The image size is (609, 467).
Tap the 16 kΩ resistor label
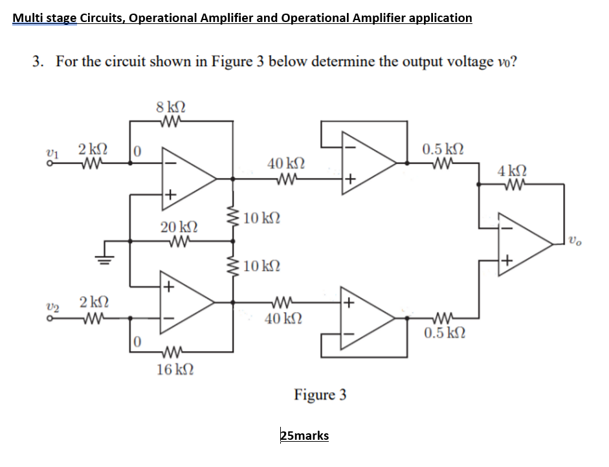pyautogui.click(x=173, y=370)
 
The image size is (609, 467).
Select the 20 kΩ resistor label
pyautogui.click(x=175, y=227)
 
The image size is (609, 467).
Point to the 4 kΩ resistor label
pyautogui.click(x=512, y=172)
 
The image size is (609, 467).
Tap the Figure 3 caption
pyautogui.click(x=320, y=394)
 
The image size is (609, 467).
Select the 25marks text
pyautogui.click(x=304, y=435)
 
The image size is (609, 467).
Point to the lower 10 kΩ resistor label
pyautogui.click(x=263, y=266)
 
